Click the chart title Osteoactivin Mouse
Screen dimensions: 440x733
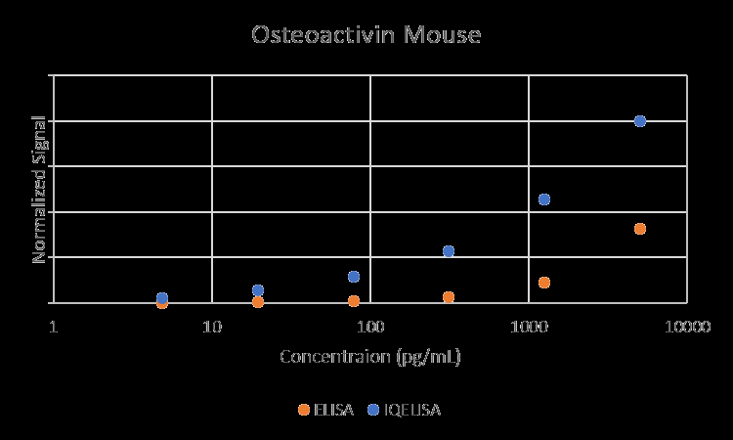point(366,35)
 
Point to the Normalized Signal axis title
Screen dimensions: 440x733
point(40,189)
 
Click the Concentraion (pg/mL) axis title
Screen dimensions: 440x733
point(370,356)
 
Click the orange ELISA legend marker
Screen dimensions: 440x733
point(304,410)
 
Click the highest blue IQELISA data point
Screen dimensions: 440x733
point(640,121)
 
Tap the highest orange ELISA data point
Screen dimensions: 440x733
point(640,229)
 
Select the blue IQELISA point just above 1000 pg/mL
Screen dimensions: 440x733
point(544,199)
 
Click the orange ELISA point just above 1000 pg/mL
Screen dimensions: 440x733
point(544,283)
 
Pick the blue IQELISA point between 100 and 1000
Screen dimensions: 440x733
point(449,251)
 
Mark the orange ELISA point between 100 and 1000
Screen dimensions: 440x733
point(449,297)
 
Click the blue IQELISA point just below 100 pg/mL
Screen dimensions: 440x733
point(354,277)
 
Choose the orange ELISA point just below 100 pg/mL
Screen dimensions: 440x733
point(354,301)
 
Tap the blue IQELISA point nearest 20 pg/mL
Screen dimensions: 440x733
point(258,290)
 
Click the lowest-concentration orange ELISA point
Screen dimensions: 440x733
point(162,303)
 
